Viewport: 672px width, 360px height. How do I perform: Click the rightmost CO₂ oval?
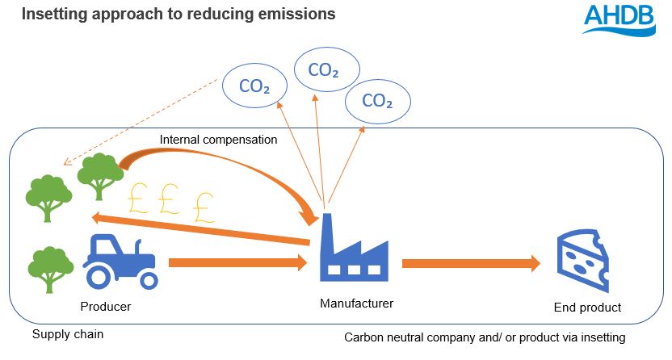[377, 101]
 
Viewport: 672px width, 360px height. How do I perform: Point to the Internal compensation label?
[218, 140]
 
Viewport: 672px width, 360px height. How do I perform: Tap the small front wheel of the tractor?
[148, 279]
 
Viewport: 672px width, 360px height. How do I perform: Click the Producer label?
[105, 307]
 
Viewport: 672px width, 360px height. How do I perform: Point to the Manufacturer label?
[356, 303]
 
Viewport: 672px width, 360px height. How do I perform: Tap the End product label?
[587, 308]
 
